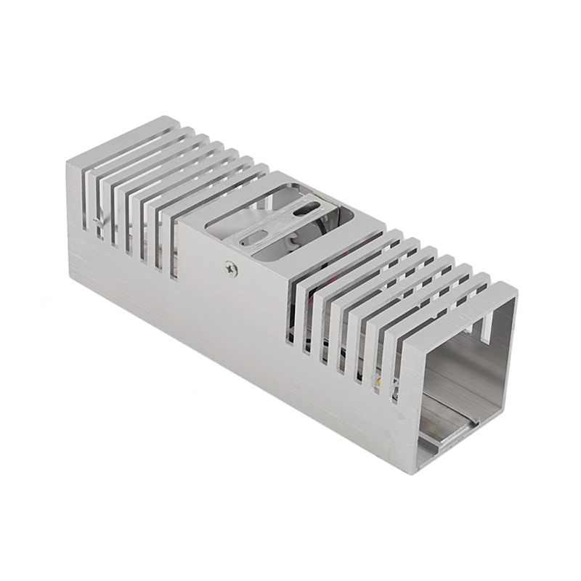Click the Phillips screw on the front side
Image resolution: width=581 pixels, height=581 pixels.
pos(230,268)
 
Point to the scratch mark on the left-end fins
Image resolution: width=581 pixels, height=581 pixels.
pos(102,222)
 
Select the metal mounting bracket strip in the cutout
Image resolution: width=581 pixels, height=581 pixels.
pos(280,225)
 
